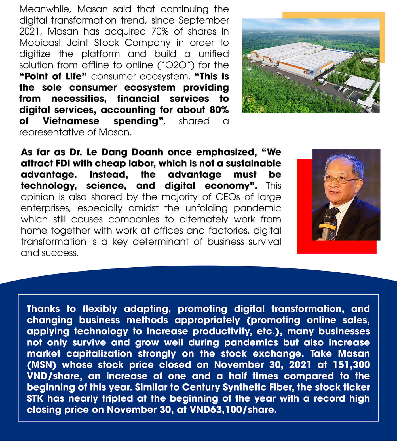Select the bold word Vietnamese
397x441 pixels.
point(71,121)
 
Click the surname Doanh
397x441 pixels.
point(147,152)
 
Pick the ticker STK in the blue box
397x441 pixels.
point(35,398)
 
